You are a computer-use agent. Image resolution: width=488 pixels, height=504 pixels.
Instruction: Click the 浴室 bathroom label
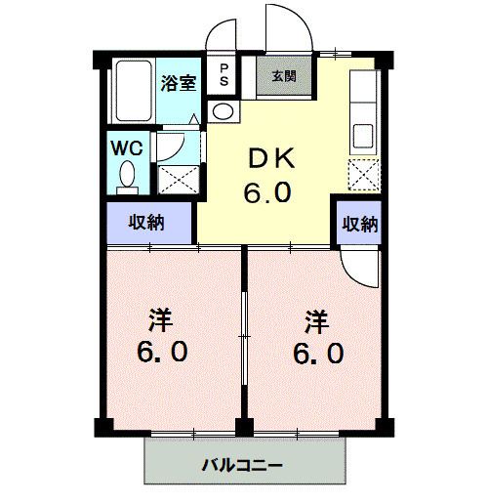click(x=179, y=83)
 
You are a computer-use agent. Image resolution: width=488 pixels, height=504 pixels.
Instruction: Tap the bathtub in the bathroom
click(x=134, y=91)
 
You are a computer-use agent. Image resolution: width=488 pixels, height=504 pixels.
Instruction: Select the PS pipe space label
click(x=224, y=74)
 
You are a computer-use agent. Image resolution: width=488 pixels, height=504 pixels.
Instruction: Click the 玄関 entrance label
click(x=284, y=76)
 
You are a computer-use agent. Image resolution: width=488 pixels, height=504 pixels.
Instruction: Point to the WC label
click(x=127, y=148)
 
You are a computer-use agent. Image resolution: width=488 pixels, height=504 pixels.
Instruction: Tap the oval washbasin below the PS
click(x=223, y=111)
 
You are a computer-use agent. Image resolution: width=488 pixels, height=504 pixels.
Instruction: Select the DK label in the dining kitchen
click(x=271, y=158)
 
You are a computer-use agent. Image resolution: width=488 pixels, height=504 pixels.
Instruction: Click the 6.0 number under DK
click(x=267, y=192)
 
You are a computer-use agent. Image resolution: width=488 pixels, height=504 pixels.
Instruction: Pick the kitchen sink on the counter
click(x=363, y=136)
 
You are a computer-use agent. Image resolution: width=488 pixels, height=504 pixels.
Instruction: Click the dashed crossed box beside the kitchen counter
click(x=364, y=175)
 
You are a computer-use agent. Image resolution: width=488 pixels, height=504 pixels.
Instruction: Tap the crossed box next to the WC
click(x=179, y=180)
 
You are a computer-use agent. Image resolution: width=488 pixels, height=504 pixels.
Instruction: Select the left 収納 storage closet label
click(x=146, y=223)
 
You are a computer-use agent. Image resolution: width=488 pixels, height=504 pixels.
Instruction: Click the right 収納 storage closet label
click(x=360, y=224)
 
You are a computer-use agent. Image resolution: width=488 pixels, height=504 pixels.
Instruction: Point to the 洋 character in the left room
click(x=160, y=320)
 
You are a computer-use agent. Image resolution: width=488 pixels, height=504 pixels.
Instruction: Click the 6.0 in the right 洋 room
click(x=318, y=353)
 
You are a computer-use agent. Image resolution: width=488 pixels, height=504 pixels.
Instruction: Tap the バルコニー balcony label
click(x=242, y=465)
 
